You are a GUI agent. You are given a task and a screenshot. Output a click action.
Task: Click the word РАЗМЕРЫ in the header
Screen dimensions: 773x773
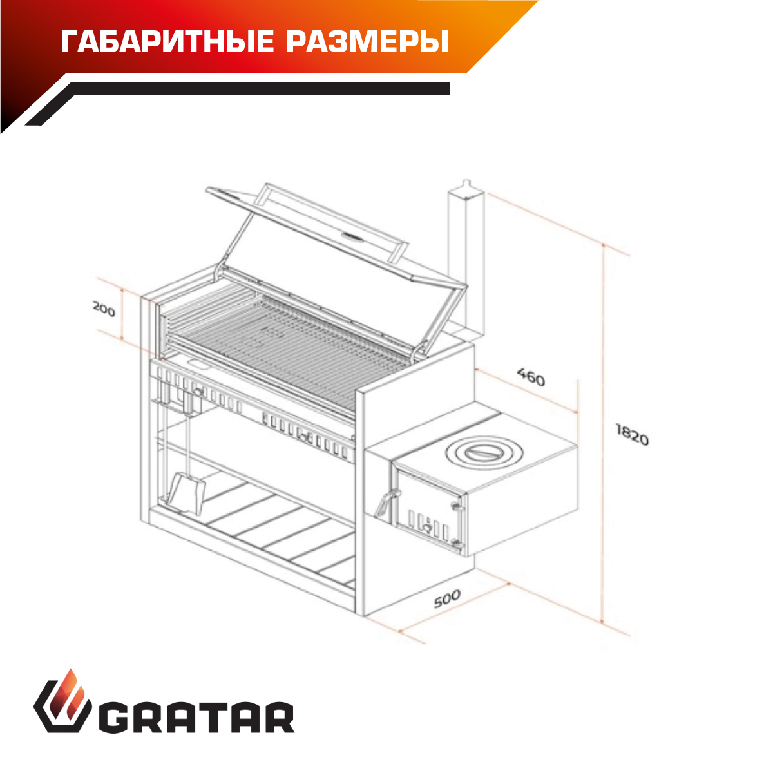coord(367,42)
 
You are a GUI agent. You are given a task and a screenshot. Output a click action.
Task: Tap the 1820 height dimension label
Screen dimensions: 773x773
coord(632,435)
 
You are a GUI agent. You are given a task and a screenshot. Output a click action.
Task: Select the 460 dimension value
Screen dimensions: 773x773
coord(530,377)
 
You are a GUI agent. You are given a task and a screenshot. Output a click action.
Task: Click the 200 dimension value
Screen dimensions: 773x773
coord(104,309)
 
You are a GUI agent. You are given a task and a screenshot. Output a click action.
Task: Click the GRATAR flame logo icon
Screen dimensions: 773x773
coord(62,707)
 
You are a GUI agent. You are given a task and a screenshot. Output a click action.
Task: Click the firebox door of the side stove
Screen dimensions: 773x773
coord(428,508)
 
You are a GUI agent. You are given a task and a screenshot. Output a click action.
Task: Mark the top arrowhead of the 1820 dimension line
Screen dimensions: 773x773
coord(602,246)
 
